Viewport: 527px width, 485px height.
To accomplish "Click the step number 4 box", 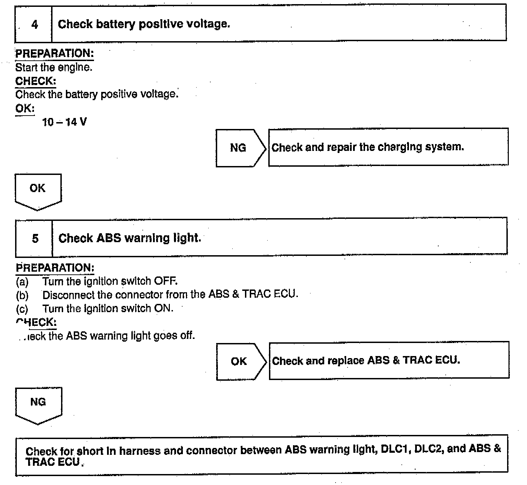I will [34, 24].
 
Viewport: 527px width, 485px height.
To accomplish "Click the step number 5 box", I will [35, 238].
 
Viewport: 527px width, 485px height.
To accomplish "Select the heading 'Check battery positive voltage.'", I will [144, 24].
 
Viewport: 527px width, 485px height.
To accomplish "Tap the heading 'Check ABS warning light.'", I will [130, 238].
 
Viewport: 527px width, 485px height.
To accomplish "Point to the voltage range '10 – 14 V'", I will [64, 122].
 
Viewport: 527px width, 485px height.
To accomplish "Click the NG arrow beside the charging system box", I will [239, 148].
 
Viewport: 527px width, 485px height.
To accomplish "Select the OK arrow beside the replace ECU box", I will [239, 361].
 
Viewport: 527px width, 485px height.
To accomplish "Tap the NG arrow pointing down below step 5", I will [38, 404].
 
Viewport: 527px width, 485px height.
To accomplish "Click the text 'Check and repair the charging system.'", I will [367, 147].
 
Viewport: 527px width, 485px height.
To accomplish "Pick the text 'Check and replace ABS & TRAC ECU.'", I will [366, 360].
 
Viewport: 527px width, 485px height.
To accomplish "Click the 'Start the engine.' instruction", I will [54, 67].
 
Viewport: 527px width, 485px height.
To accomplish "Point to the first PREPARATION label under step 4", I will [55, 54].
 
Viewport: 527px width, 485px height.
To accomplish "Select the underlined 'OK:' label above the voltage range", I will [25, 108].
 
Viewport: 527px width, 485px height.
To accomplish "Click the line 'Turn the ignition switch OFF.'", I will [110, 281].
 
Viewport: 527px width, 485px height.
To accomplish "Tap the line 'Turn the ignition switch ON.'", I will [108, 308].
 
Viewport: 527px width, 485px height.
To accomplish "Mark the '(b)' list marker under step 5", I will [22, 295].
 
